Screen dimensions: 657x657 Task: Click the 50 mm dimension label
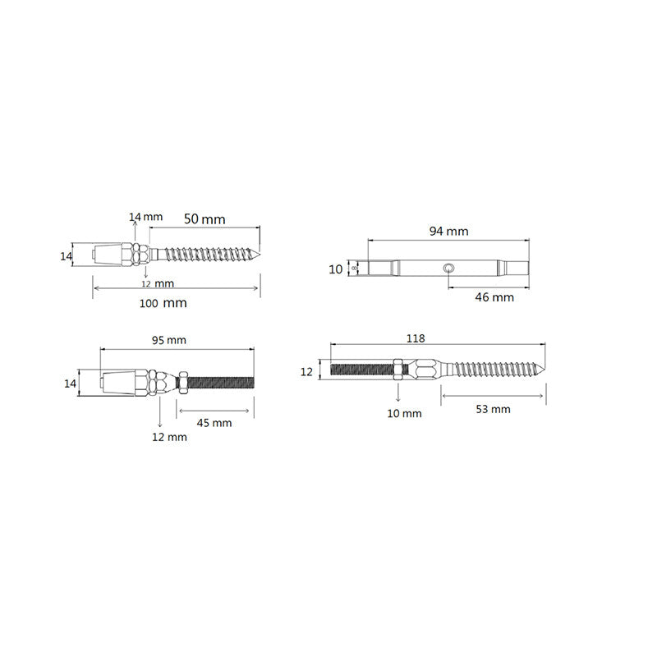coord(204,219)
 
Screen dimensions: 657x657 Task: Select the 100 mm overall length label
coord(163,303)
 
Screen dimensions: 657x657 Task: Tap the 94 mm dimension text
coord(448,232)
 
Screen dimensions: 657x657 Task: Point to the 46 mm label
coord(494,297)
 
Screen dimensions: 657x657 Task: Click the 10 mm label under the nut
coord(404,413)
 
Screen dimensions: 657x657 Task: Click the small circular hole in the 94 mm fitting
coord(448,268)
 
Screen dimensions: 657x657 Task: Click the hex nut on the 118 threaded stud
coord(398,371)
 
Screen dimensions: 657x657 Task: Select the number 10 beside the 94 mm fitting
coord(335,269)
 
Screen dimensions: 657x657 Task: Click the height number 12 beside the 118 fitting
coord(306,372)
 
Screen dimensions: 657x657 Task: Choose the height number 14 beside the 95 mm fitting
coord(70,384)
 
